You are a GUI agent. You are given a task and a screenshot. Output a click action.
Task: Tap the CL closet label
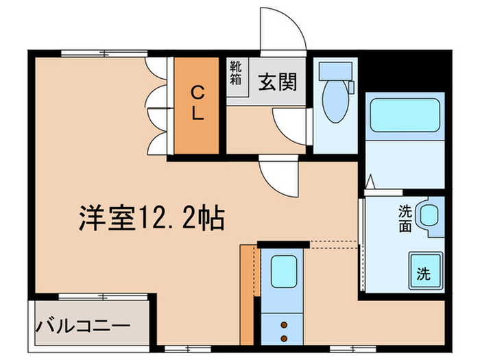[197, 103]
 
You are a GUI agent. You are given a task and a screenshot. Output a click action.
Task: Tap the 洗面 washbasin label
[405, 218]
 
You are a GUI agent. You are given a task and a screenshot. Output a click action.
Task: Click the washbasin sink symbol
[429, 215]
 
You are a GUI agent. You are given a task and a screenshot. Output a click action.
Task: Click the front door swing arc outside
[283, 30]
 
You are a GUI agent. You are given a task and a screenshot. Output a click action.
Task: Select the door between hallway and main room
[279, 176]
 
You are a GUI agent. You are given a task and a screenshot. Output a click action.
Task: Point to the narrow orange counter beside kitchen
[247, 295]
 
